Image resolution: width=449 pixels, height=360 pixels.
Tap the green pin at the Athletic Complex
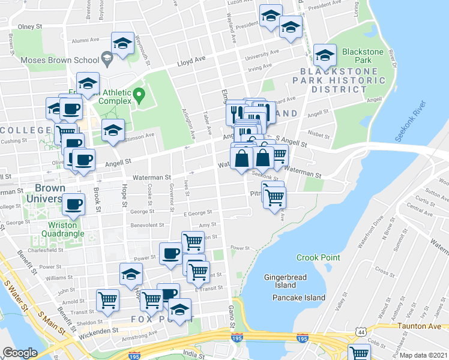139,95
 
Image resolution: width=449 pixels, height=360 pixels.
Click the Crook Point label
318,257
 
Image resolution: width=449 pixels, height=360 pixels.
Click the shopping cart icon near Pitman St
274,197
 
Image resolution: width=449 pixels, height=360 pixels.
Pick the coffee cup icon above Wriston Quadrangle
74,204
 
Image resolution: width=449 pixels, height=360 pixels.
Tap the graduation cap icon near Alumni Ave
122,44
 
